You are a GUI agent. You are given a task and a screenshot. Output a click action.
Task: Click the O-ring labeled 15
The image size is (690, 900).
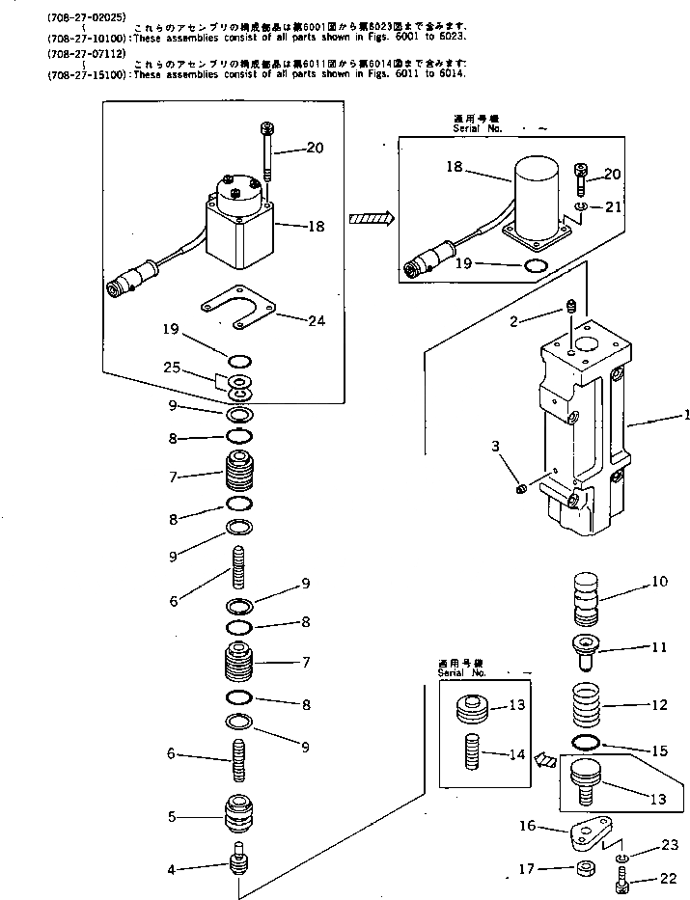tap(587, 741)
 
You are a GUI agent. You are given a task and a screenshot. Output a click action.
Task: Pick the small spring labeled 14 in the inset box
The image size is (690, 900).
tap(473, 752)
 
